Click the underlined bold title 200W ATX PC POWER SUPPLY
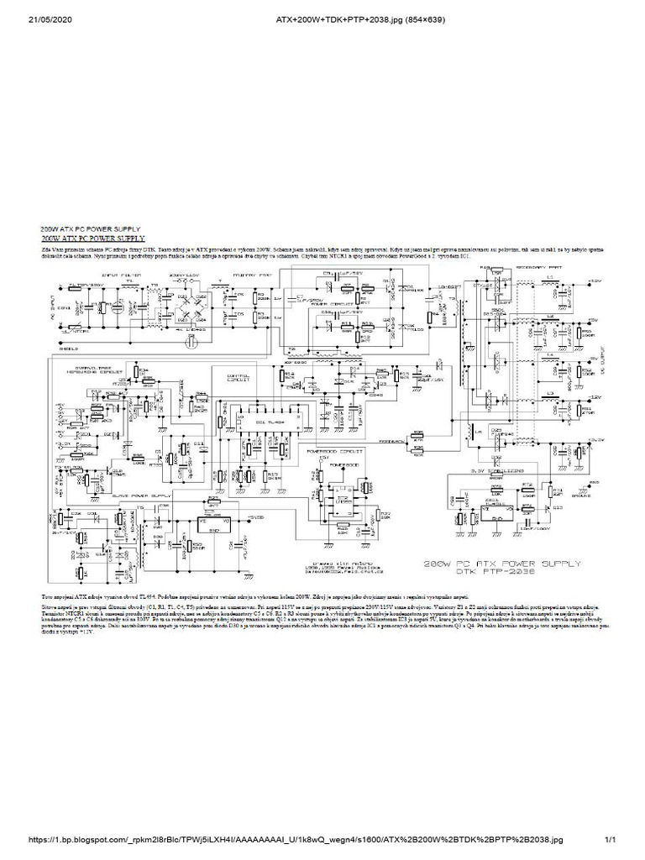pos(93,239)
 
